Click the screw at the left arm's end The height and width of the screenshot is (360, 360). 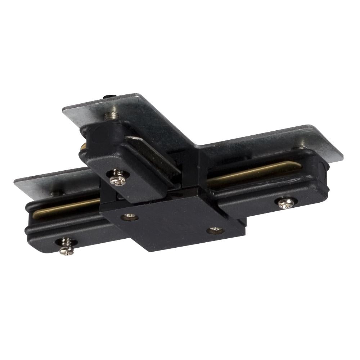67,246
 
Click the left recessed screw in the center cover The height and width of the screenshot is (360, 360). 130,217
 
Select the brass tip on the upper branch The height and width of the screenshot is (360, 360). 83,146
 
